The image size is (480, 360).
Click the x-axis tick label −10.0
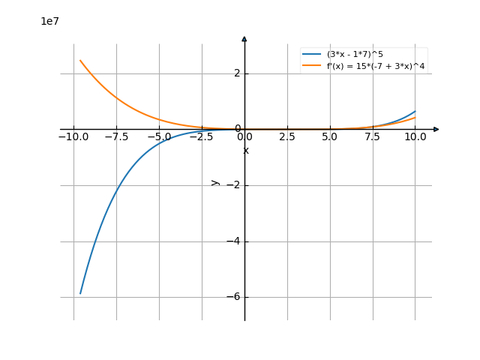[x=73, y=137]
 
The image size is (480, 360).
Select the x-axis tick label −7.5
[x=116, y=137]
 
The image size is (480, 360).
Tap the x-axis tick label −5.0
[x=159, y=137]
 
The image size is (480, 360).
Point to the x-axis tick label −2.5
[x=202, y=137]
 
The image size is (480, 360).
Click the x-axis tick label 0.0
[x=244, y=137]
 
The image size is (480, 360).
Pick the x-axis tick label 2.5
[x=287, y=137]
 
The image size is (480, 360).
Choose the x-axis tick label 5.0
[x=330, y=137]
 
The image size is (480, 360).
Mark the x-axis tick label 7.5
[x=373, y=137]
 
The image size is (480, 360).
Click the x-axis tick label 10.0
[x=415, y=137]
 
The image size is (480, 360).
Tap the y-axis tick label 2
[x=237, y=73]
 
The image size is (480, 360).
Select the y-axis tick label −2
[x=234, y=185]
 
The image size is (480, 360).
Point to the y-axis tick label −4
[x=234, y=241]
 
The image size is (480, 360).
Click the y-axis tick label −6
[x=234, y=297]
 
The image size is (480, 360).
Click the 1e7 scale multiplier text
[x=49, y=22]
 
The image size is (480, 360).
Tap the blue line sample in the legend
[x=312, y=55]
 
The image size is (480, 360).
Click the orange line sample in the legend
[x=312, y=67]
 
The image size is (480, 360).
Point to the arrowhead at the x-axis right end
[x=436, y=129]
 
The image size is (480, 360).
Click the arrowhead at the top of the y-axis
[x=244, y=38]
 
